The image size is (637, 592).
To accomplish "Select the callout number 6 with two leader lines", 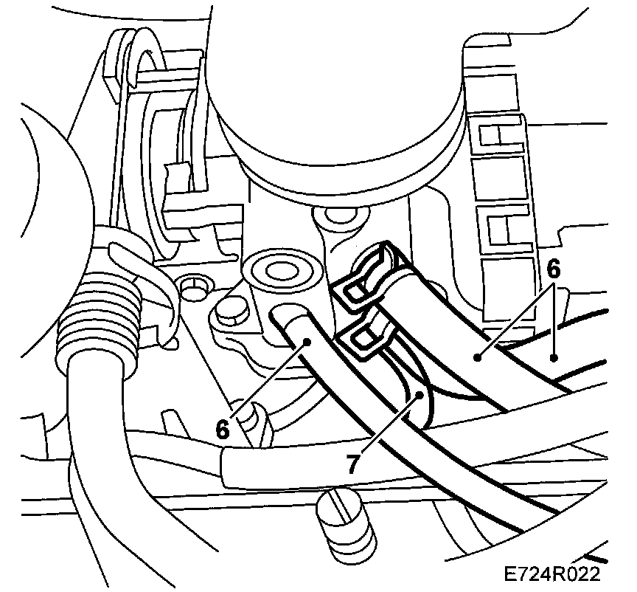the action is [553, 269].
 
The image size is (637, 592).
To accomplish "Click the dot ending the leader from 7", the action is [419, 395].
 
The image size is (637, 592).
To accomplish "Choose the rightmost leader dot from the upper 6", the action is [553, 358].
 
